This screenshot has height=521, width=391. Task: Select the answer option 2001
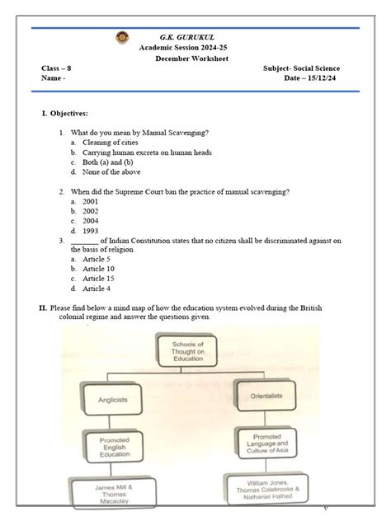[91, 201]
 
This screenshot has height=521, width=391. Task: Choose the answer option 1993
[91, 231]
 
